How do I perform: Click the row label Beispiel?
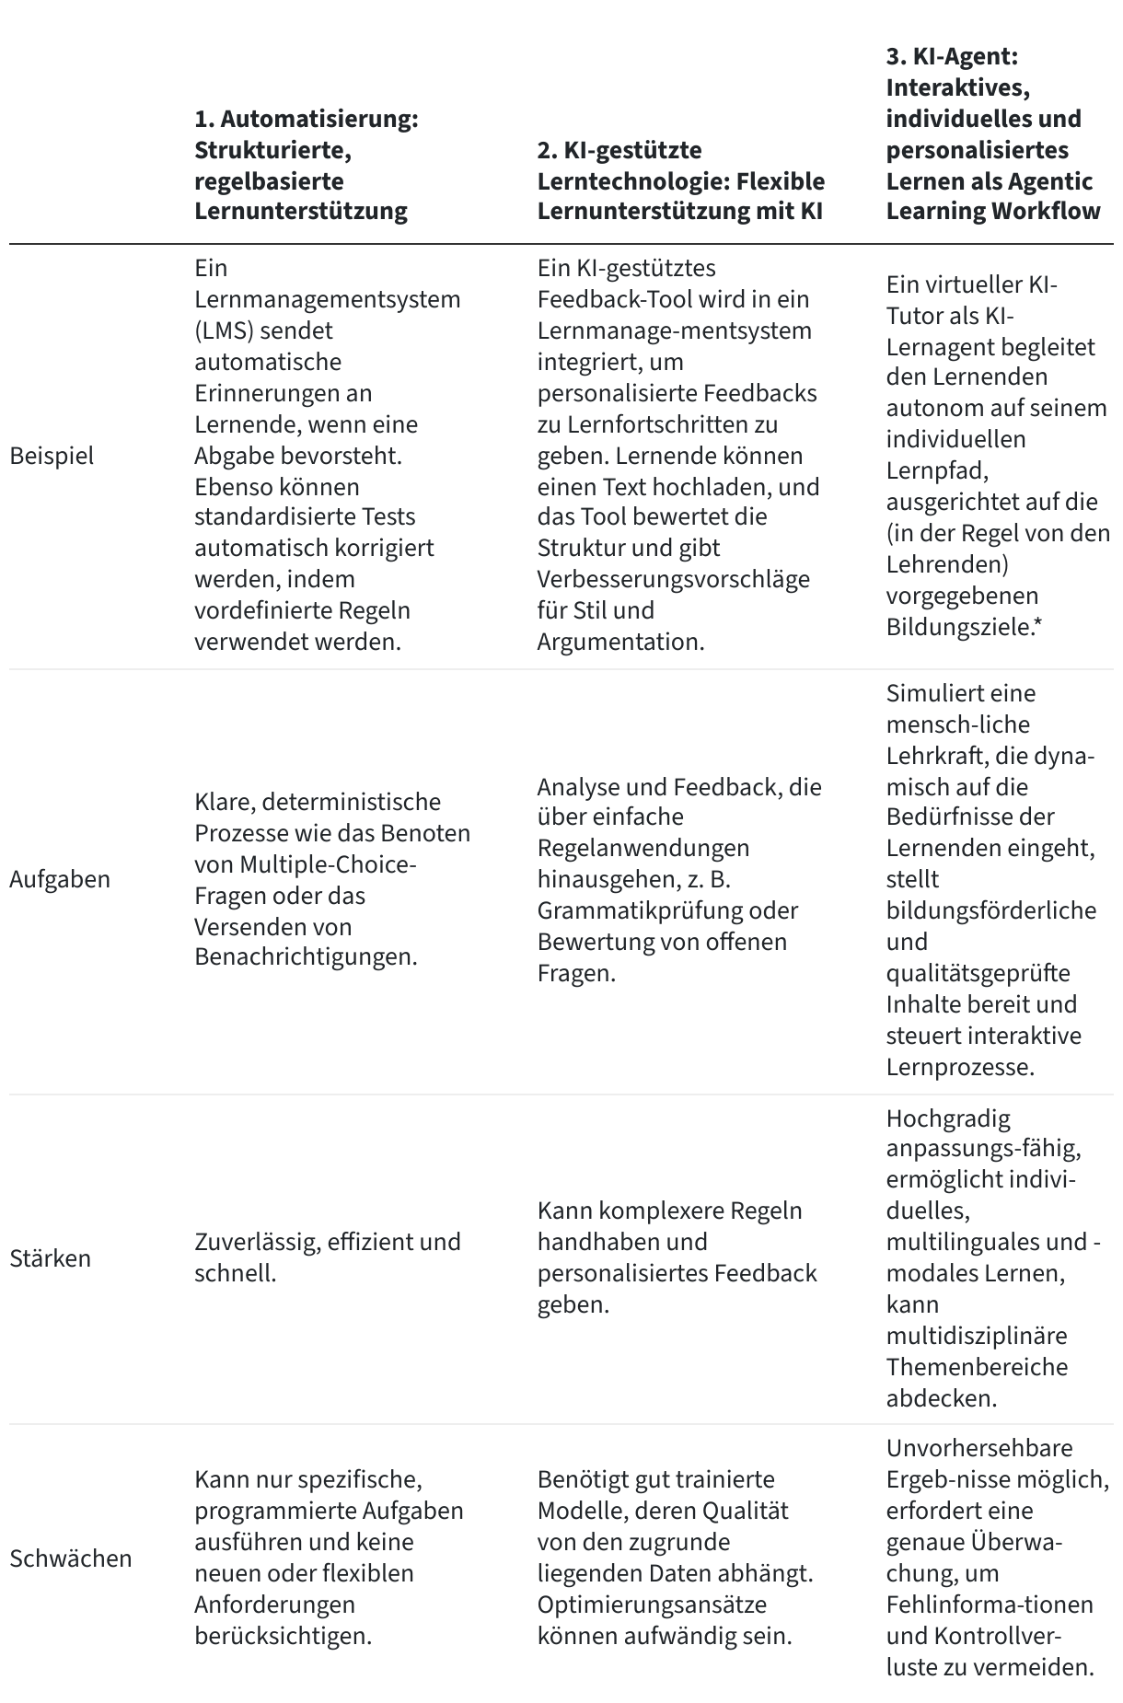point(52,456)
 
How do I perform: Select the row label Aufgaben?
point(60,879)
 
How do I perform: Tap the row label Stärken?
point(51,1258)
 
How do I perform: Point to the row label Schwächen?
point(71,1558)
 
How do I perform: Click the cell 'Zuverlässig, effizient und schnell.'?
point(327,1257)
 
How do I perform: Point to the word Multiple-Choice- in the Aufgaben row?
point(329,864)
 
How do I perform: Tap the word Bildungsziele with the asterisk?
point(962,627)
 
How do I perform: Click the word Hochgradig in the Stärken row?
point(935,1118)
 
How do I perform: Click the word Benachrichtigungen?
point(305,956)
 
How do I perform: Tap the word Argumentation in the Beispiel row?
point(619,642)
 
